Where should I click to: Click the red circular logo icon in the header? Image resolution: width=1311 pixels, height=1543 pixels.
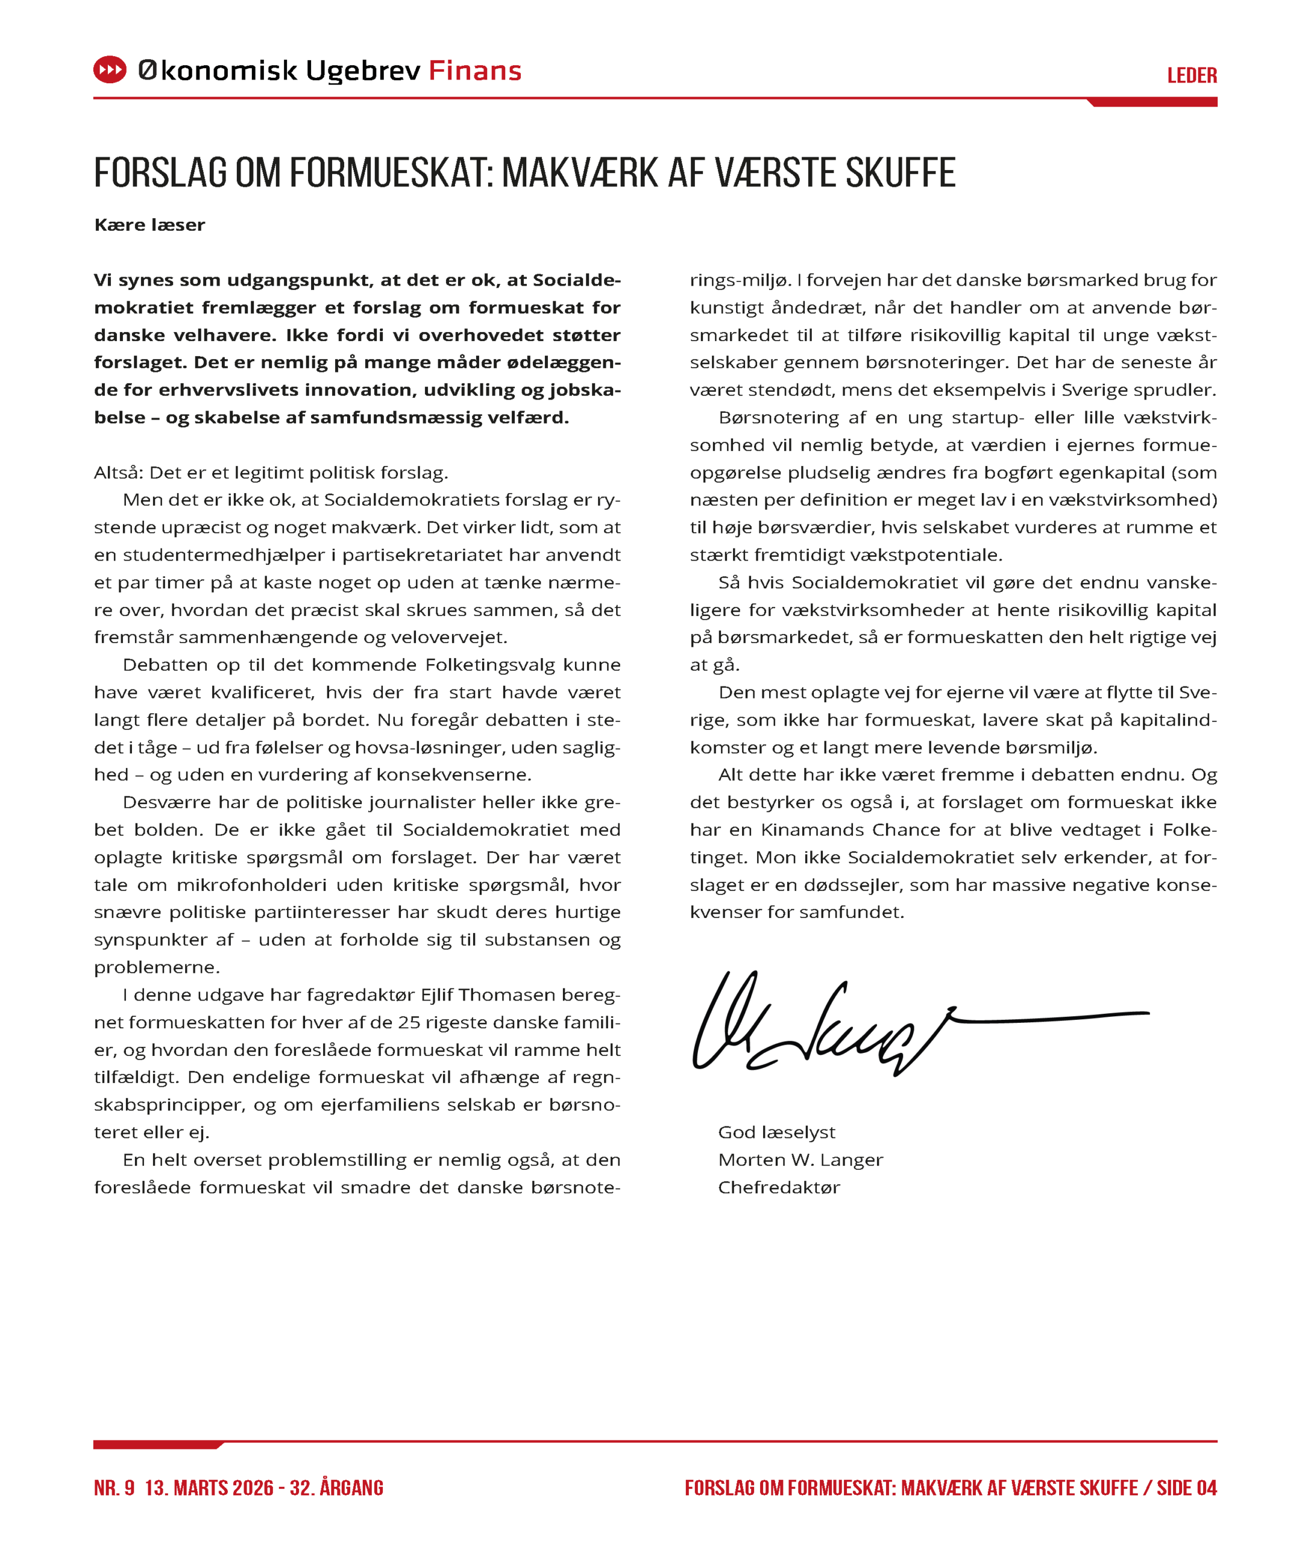click(110, 70)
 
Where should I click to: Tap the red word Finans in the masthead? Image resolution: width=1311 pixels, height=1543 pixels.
click(475, 71)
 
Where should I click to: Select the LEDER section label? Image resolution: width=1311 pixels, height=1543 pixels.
click(1191, 76)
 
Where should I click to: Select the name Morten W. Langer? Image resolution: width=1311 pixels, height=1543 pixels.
click(800, 1160)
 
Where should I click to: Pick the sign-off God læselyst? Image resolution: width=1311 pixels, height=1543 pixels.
click(776, 1133)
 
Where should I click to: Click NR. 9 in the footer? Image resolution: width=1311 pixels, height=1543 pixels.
click(115, 1488)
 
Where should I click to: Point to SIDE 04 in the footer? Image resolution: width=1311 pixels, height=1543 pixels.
click(1187, 1488)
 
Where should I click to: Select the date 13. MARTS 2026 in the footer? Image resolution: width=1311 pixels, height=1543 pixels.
click(209, 1488)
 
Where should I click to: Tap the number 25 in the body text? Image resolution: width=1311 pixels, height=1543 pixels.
click(409, 1023)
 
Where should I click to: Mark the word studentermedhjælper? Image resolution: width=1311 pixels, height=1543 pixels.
click(224, 555)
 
